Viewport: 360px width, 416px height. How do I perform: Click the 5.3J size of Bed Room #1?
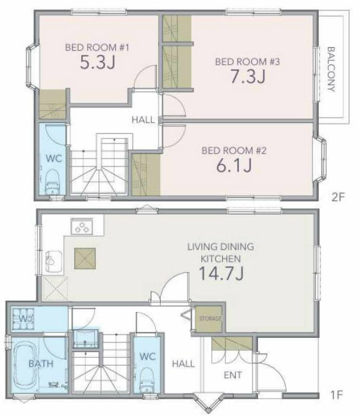pyautogui.click(x=98, y=63)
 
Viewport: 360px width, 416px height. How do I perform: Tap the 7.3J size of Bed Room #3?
pyautogui.click(x=248, y=77)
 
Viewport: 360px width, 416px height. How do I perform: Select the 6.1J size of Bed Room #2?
pyautogui.click(x=234, y=166)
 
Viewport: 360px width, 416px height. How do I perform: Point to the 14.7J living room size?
pyautogui.click(x=221, y=273)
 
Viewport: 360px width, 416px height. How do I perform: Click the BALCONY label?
pyautogui.click(x=331, y=69)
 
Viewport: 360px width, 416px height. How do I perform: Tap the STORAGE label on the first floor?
pyautogui.click(x=210, y=318)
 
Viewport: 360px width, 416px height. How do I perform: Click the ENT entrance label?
pyautogui.click(x=233, y=375)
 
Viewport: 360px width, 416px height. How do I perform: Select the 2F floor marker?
pyautogui.click(x=338, y=197)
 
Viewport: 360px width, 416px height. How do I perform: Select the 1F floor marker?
pyautogui.click(x=337, y=395)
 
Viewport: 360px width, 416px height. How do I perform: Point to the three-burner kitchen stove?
pyautogui.click(x=82, y=227)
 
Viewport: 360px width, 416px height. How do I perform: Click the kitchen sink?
pyautogui.click(x=53, y=262)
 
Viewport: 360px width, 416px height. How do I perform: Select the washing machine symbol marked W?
pyautogui.click(x=23, y=319)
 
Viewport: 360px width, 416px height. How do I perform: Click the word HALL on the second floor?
pyautogui.click(x=143, y=120)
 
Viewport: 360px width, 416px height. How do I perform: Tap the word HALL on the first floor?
pyautogui.click(x=183, y=364)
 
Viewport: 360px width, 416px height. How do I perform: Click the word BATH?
pyautogui.click(x=41, y=364)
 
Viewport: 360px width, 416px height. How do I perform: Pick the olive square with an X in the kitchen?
pyautogui.click(x=85, y=259)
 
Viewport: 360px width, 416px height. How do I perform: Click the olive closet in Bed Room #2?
pyautogui.click(x=146, y=175)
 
